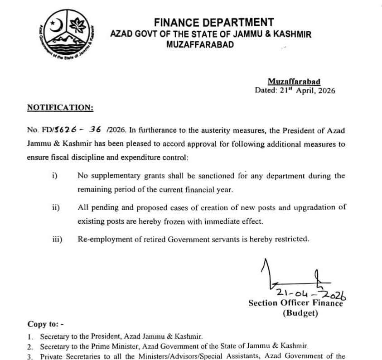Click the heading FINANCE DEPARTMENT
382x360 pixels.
click(x=214, y=22)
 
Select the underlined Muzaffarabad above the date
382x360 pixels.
click(x=294, y=82)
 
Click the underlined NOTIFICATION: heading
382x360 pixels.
click(x=60, y=107)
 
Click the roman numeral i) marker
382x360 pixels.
click(x=54, y=176)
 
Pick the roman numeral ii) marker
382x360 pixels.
click(x=56, y=207)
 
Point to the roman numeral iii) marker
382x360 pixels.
click(x=57, y=239)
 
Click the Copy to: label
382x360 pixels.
click(x=46, y=324)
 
